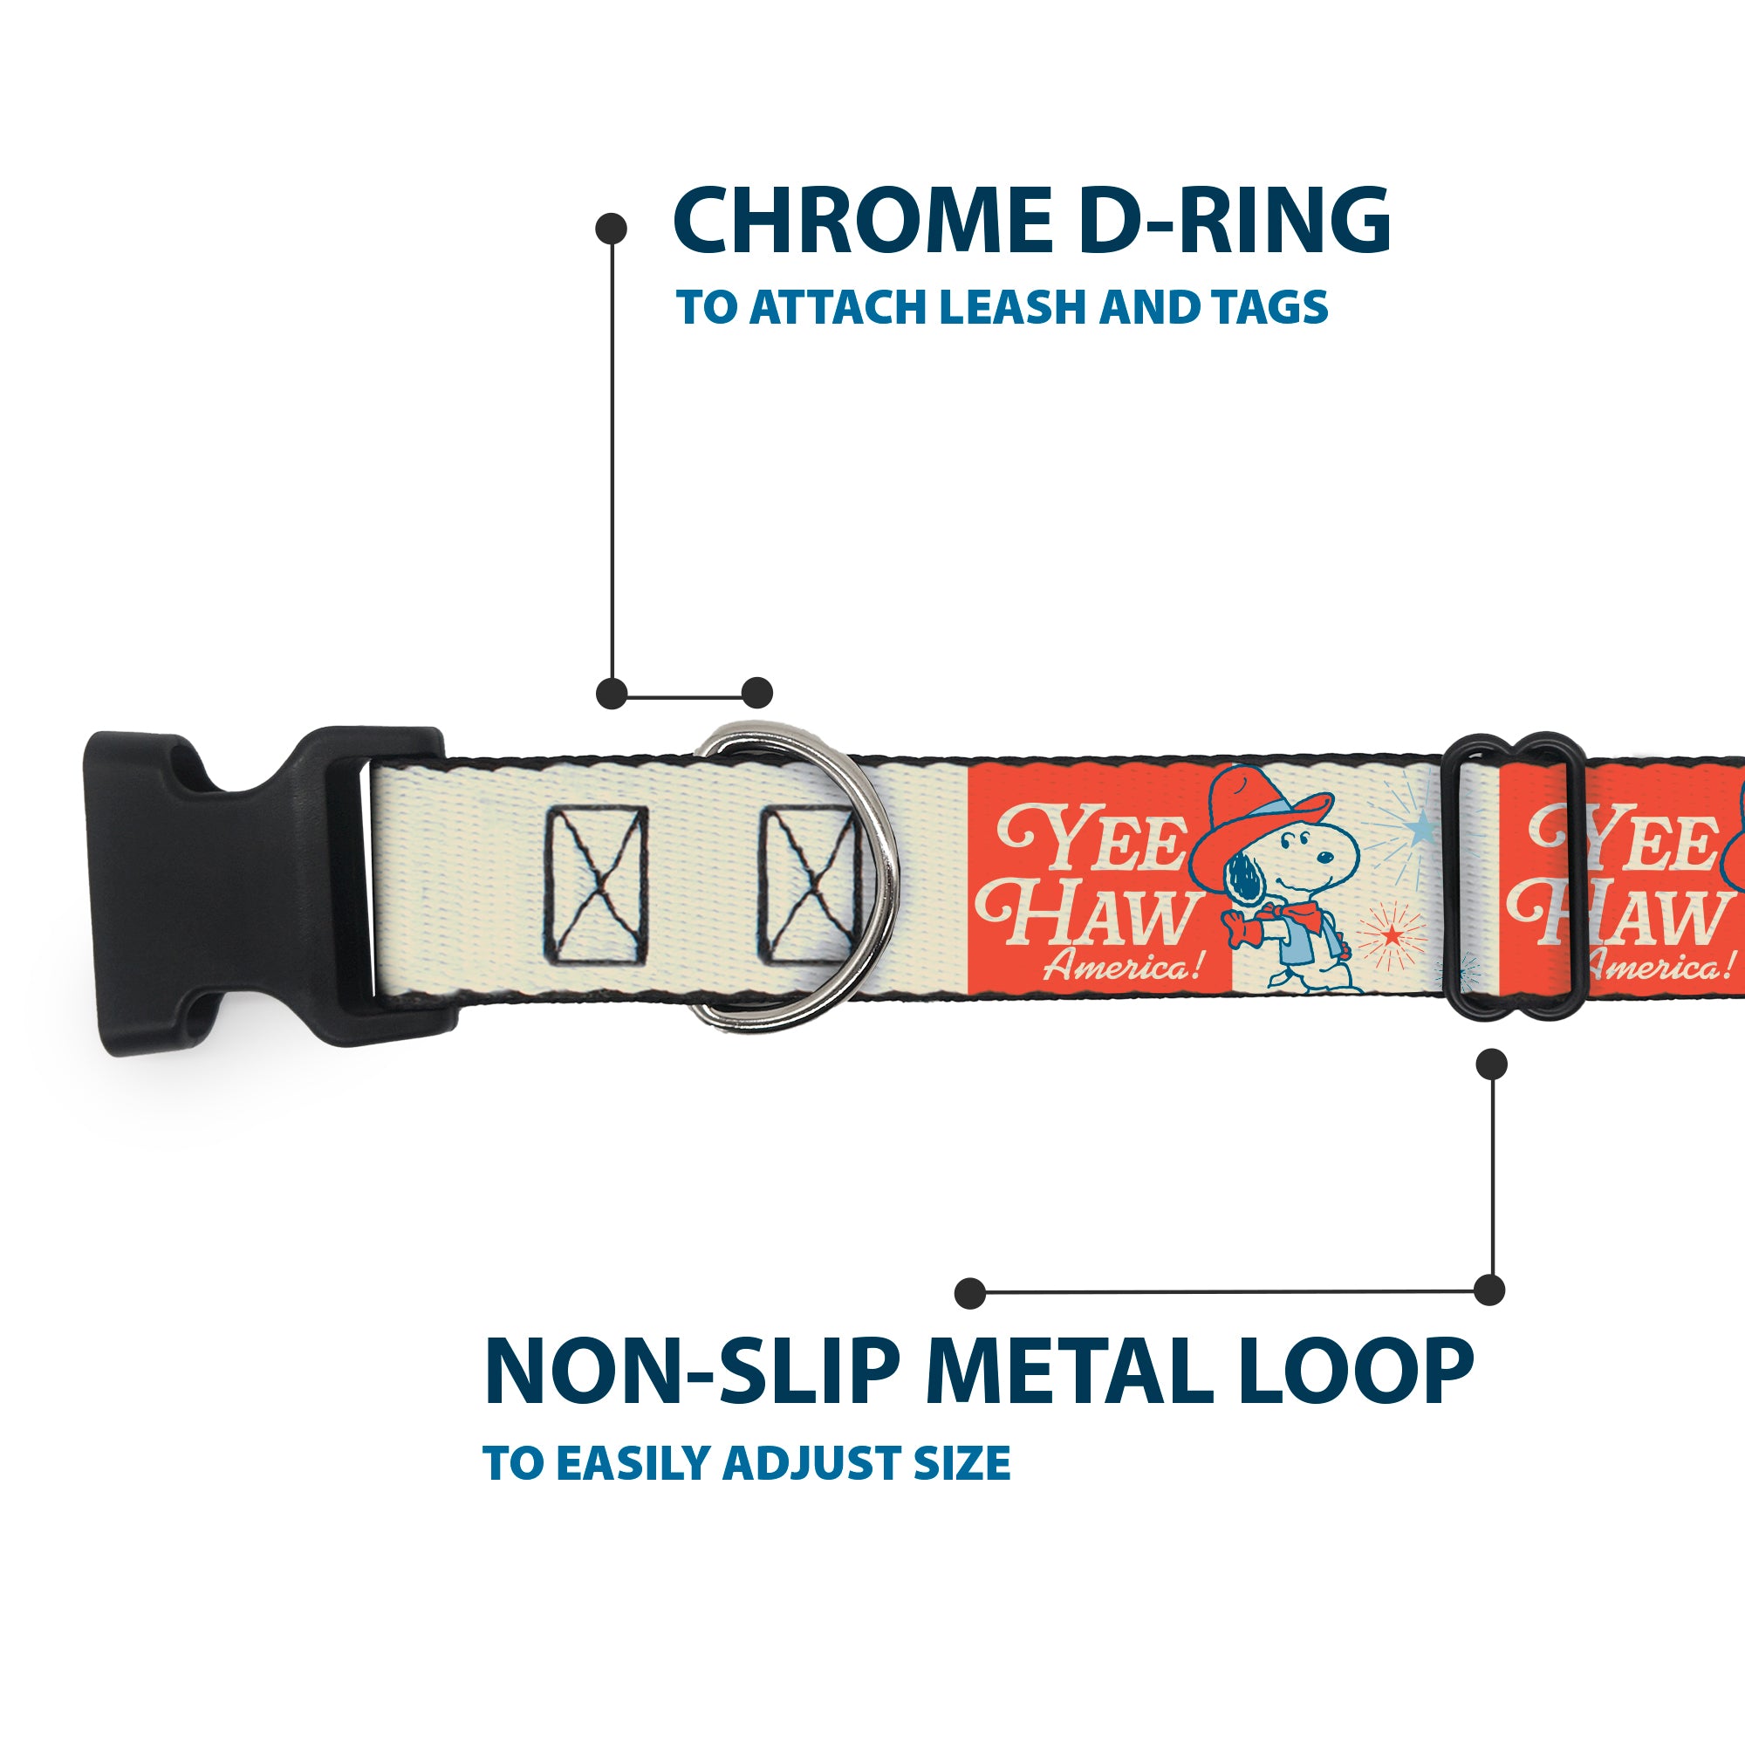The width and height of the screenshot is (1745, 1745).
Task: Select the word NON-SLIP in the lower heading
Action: click(x=692, y=1375)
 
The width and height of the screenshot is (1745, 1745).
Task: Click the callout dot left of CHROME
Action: click(x=612, y=229)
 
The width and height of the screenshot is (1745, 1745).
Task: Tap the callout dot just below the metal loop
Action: click(x=1491, y=1064)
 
